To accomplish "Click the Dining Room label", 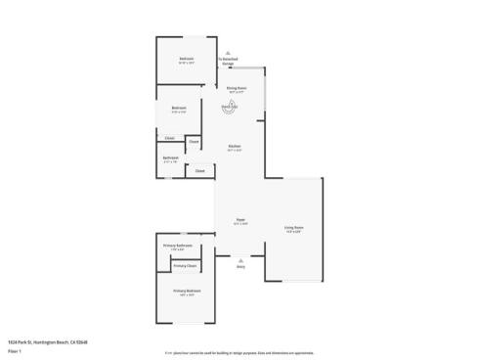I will point(236,87).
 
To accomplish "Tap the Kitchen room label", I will point(235,146).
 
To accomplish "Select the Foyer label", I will point(239,220).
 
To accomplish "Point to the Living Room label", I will point(294,227).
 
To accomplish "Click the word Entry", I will point(240,266).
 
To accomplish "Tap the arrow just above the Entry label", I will point(240,259).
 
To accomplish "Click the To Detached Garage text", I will point(227,61).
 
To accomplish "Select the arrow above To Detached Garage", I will point(227,53).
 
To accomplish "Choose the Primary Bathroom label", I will point(177,245).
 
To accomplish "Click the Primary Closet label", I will point(185,265).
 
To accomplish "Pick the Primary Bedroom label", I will point(188,291).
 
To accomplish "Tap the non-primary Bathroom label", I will point(170,157).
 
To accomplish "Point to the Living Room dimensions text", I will point(294,231).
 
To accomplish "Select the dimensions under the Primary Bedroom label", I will point(188,294).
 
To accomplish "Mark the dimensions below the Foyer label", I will point(239,224).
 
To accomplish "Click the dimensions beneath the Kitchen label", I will point(235,150).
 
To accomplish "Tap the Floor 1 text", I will point(13,348).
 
